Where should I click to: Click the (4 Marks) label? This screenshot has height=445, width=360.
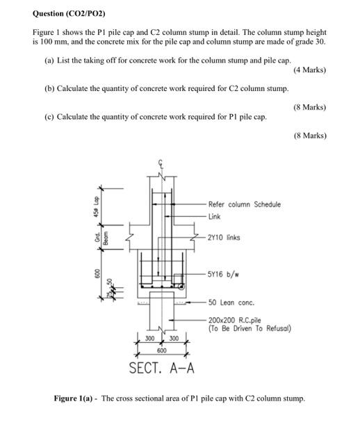click(309, 70)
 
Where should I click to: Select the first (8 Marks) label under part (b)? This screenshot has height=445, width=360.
click(309, 107)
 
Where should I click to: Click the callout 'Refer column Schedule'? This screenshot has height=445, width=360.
click(245, 204)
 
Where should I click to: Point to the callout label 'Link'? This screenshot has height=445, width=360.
click(214, 216)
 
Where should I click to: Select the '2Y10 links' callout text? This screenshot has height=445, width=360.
click(224, 237)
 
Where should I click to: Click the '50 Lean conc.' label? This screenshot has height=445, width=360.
click(231, 302)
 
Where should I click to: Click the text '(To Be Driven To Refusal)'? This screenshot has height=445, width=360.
click(249, 328)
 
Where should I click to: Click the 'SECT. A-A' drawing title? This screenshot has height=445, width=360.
click(161, 368)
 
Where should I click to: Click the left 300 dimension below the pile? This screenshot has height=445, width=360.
click(149, 339)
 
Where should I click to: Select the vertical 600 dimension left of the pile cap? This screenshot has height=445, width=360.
click(98, 276)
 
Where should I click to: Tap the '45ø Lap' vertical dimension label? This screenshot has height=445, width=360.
click(98, 207)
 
